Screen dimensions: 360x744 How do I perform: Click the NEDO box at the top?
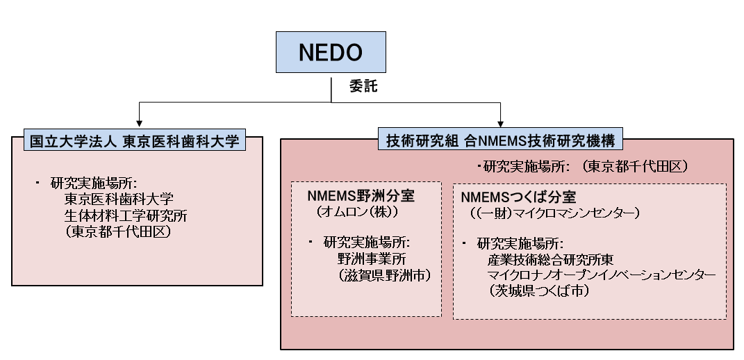(331, 52)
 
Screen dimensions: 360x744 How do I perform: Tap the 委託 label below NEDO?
(363, 87)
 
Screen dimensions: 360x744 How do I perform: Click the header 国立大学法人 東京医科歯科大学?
(134, 141)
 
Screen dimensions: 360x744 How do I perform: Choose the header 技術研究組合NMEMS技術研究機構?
(500, 141)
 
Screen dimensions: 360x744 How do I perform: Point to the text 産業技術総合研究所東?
(550, 259)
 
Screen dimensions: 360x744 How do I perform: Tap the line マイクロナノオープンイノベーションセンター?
(602, 275)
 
